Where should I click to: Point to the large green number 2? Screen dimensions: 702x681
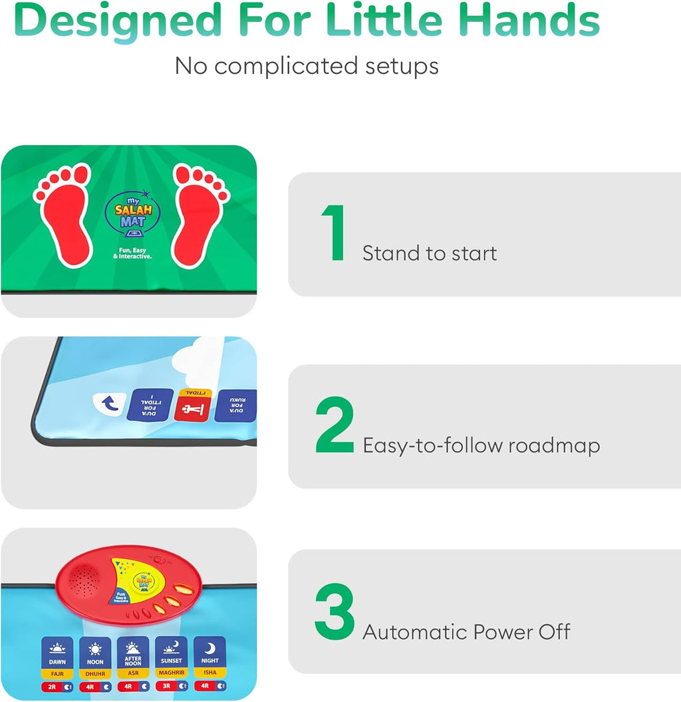[335, 425]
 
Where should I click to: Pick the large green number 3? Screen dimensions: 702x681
[335, 612]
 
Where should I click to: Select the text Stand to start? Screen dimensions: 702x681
[430, 253]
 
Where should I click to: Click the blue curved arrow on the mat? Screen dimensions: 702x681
[105, 403]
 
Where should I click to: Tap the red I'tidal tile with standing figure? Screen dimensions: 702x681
[192, 406]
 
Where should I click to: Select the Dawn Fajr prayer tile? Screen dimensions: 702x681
[57, 658]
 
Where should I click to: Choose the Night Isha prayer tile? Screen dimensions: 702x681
[210, 658]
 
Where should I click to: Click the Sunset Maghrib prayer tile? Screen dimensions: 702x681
[172, 658]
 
